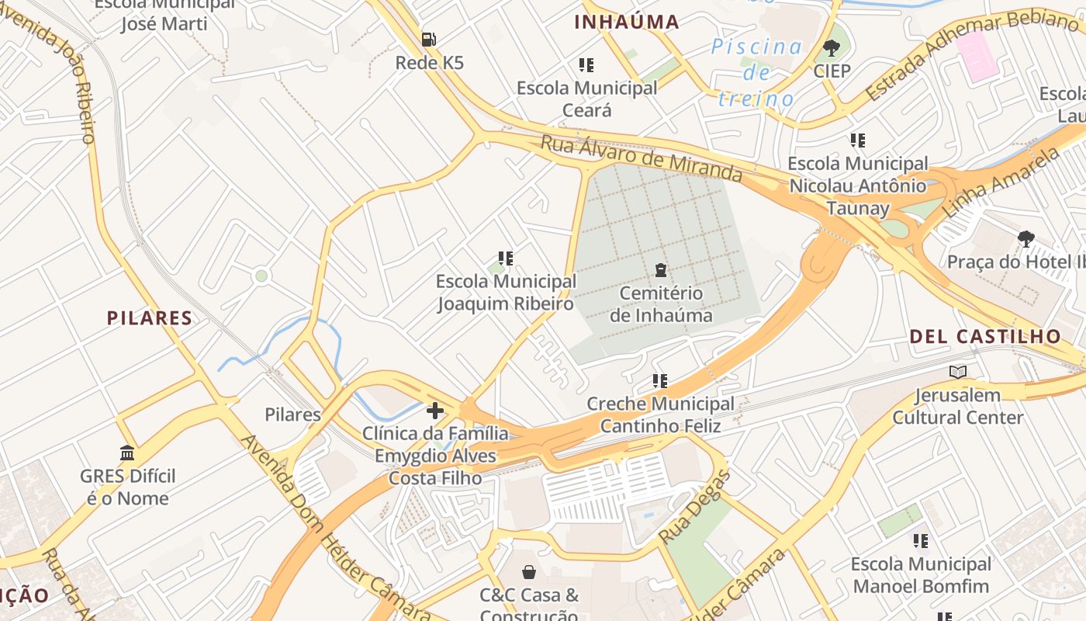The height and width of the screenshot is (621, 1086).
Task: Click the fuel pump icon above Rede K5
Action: coord(428,39)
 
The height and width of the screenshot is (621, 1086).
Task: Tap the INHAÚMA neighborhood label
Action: coord(627,23)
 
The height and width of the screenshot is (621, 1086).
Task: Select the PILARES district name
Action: coord(150,317)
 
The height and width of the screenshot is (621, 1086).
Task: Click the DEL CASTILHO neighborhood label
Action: coord(985,336)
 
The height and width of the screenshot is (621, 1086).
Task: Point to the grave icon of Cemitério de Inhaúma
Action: coord(661,270)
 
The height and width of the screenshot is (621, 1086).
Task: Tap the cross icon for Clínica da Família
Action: coord(435,411)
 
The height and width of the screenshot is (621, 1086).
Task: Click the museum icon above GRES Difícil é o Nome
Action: coord(127,453)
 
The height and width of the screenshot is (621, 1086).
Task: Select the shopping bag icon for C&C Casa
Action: coord(529,572)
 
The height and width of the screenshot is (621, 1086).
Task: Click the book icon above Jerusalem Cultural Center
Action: coord(958,372)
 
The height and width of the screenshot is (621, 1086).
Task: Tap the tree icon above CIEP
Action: coord(832,48)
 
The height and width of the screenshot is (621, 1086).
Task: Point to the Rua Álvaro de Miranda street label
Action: coord(642,158)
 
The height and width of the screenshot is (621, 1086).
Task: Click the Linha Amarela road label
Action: coord(1001,183)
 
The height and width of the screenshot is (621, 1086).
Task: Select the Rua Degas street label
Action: coord(695,508)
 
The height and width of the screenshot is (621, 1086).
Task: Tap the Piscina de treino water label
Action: coord(756,72)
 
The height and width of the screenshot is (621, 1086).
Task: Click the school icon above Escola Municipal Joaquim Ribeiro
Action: coord(506,258)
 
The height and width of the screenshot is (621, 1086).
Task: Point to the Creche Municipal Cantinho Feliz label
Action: coord(660,415)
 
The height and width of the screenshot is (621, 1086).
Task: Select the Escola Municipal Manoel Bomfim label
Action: coord(921,574)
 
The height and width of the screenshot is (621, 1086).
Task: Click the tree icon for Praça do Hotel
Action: coord(1026,238)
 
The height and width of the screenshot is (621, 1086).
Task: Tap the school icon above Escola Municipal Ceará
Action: coord(586,65)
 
